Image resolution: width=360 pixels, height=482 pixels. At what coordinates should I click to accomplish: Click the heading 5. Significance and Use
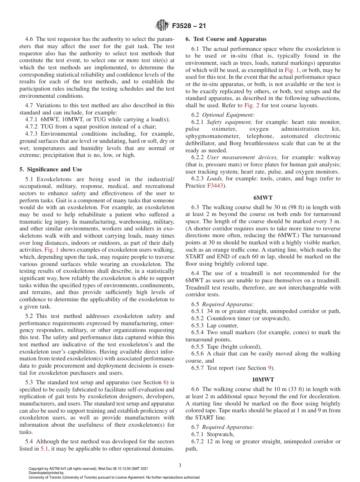pos(51,169)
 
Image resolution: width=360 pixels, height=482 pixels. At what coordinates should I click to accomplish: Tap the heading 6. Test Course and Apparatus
pos(226,39)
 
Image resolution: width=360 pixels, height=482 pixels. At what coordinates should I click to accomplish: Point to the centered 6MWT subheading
pos(263,197)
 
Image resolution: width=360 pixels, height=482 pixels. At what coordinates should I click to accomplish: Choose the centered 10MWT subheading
pos(263,379)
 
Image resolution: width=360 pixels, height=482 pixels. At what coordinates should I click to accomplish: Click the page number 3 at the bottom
pos(180,465)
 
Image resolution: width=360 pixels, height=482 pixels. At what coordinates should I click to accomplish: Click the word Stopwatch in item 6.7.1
pos(221,434)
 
